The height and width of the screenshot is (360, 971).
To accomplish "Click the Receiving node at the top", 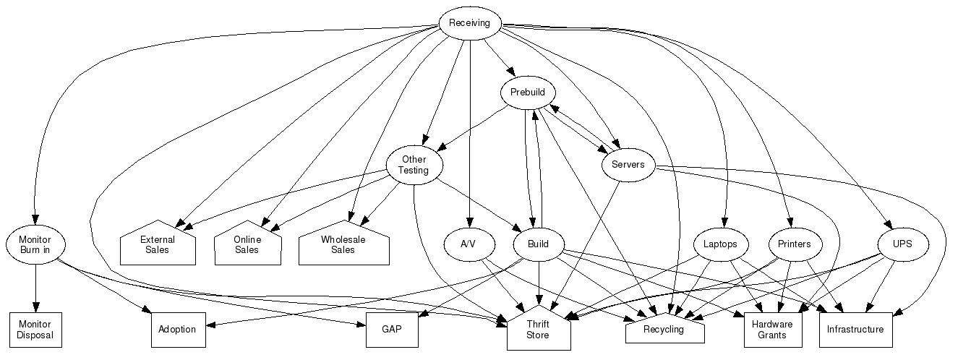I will [469, 23].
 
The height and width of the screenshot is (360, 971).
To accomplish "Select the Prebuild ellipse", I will [528, 93].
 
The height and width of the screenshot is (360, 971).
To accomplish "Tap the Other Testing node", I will [414, 165].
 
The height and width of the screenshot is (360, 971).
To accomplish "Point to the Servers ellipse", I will [628, 165].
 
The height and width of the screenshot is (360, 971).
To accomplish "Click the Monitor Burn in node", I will [35, 244].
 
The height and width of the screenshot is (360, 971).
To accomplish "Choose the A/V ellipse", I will [469, 244].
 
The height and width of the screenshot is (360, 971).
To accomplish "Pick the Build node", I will [538, 244].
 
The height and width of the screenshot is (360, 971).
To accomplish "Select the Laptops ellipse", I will [720, 244].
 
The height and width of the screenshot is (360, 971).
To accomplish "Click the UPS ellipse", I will [902, 244].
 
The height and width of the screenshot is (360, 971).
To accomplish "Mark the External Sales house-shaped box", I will [158, 244].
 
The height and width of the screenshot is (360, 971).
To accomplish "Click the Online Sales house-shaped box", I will [247, 244].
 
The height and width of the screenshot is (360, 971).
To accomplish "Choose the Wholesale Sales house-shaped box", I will [343, 244].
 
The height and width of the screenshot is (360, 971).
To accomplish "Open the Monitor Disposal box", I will [35, 330].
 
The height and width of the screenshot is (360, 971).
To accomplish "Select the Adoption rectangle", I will [177, 330].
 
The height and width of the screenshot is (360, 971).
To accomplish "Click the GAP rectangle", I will [392, 330].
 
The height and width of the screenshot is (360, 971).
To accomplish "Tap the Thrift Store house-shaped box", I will [538, 330].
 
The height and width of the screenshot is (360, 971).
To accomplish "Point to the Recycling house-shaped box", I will [664, 330].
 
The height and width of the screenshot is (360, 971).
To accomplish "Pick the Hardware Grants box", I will [772, 330].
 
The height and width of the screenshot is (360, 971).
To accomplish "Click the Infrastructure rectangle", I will [855, 330].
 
